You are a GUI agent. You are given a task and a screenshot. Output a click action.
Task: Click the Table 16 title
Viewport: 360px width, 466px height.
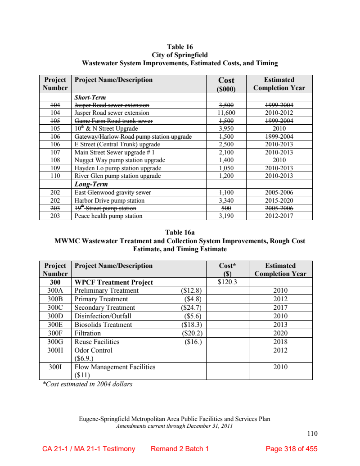click(180, 47)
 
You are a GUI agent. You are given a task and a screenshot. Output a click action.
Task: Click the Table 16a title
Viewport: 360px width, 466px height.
click(180, 233)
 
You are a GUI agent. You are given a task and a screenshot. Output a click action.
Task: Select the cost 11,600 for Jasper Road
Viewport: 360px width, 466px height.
click(226, 113)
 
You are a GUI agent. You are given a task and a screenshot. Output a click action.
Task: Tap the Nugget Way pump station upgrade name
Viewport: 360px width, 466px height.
click(120, 160)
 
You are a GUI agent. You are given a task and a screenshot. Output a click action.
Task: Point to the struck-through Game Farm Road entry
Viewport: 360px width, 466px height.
click(113, 121)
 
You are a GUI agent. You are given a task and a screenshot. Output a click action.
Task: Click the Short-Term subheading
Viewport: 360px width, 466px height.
click(90, 97)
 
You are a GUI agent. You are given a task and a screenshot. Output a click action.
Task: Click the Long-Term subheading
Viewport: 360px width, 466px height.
click(91, 184)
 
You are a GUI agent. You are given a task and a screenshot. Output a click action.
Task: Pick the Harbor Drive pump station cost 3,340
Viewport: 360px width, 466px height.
click(226, 200)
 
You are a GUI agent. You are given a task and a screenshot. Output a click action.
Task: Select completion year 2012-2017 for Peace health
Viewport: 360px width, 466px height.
click(279, 216)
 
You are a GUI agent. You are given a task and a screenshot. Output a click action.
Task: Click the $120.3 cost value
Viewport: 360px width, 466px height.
click(227, 282)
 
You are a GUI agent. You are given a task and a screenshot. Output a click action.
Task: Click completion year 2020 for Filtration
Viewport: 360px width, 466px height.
click(280, 333)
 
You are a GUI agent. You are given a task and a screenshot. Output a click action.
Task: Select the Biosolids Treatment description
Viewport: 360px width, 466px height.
click(103, 325)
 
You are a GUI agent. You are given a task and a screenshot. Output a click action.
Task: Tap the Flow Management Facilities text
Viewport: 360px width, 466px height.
click(115, 367)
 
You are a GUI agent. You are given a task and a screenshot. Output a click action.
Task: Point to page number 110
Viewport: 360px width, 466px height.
click(312, 434)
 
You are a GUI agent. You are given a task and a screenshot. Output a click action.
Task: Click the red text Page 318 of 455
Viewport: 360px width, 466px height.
click(292, 449)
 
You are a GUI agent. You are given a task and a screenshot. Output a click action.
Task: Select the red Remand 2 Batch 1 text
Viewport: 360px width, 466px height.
click(180, 449)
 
